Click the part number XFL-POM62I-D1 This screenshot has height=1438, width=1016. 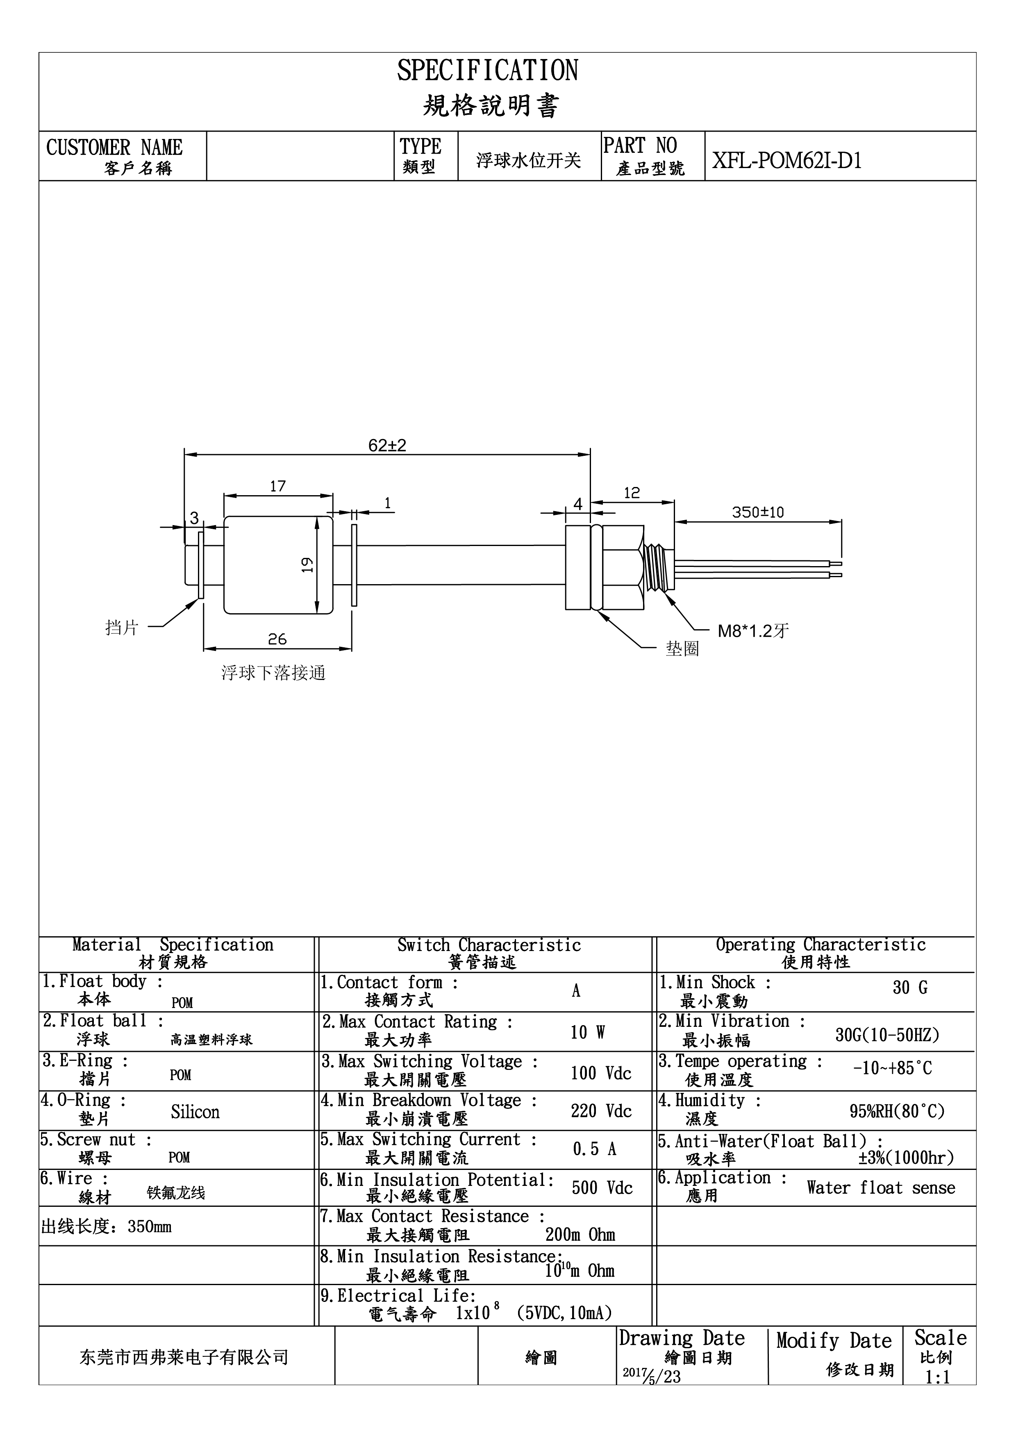787,161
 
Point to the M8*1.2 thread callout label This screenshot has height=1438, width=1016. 753,631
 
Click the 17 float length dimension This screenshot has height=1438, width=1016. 277,486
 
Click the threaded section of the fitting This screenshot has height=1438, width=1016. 659,567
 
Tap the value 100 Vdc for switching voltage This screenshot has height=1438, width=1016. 601,1073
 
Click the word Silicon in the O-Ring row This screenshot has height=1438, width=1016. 195,1112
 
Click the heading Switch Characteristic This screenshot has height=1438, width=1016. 489,945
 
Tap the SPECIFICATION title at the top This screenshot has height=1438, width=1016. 488,70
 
